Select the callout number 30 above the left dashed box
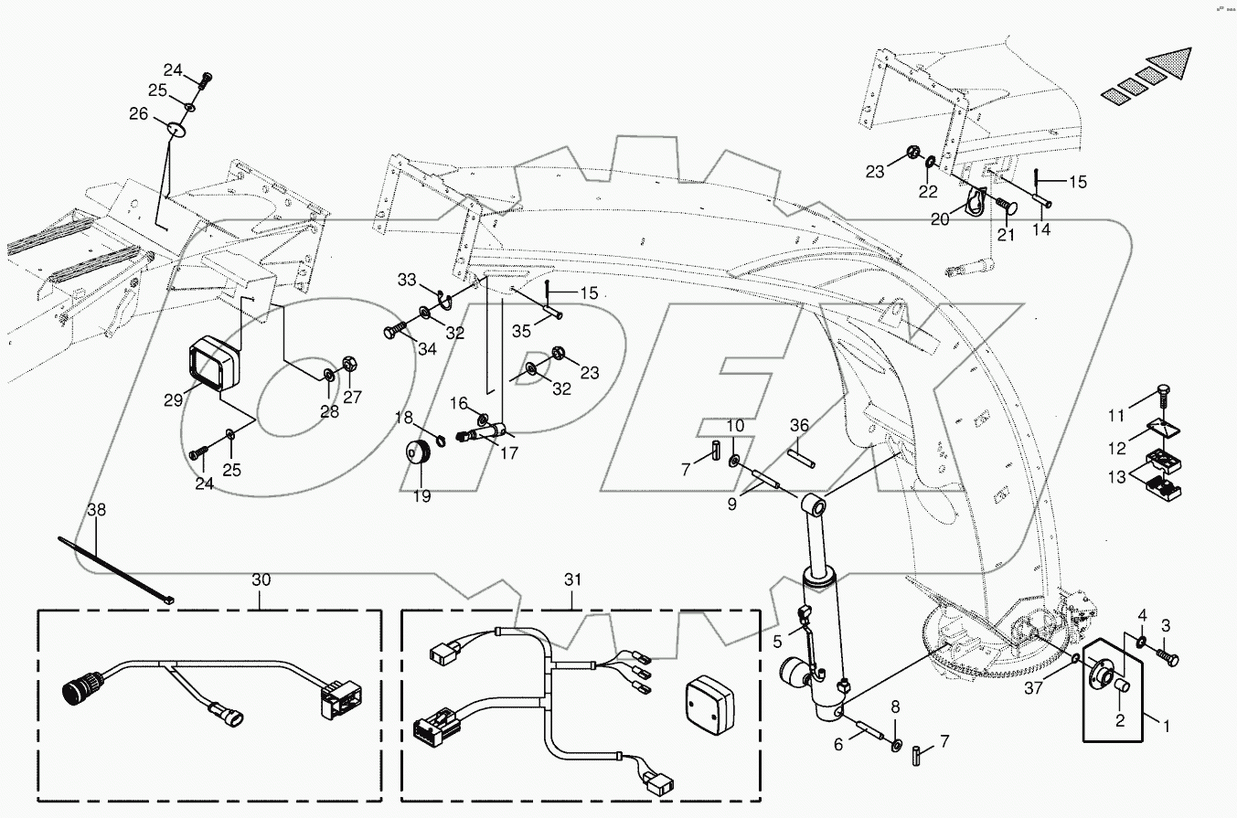click(261, 579)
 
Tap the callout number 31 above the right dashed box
click(573, 579)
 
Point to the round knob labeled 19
click(420, 451)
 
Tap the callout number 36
click(800, 425)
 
